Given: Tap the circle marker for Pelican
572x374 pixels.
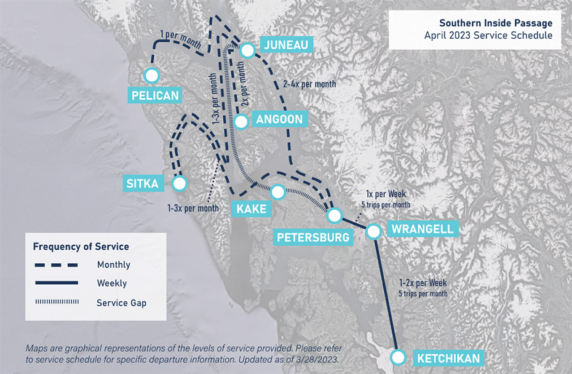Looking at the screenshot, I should [x=151, y=75].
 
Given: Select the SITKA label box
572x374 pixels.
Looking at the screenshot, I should [x=143, y=184].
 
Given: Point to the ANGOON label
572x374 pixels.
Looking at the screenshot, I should [x=279, y=119].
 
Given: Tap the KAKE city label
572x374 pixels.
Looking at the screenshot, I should [x=251, y=209].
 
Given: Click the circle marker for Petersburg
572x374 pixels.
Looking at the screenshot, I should [x=334, y=215].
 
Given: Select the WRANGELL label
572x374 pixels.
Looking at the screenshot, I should [x=422, y=229].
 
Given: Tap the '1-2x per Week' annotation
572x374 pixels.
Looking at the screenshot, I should [x=423, y=283].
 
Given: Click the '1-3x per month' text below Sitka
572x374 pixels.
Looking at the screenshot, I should [x=193, y=208].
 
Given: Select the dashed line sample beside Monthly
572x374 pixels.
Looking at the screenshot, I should [x=55, y=265].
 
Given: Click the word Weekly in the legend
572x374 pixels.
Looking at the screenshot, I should [x=112, y=284].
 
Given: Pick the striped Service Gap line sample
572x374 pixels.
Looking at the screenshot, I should [x=55, y=303].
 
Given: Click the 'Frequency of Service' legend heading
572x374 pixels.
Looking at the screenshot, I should [x=81, y=247].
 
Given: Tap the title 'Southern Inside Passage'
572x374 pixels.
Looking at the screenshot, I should [x=496, y=23].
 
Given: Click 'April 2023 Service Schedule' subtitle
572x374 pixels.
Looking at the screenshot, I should [x=488, y=36].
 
